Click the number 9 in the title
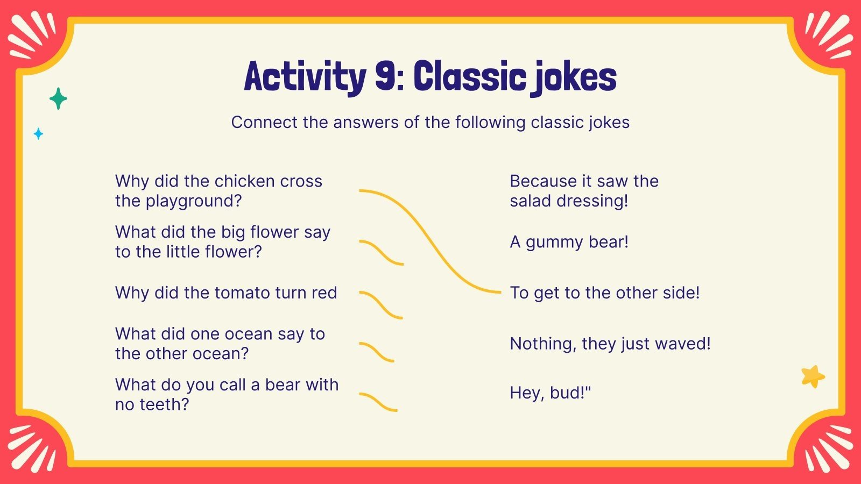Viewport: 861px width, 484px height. [386, 76]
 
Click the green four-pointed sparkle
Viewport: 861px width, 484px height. [58, 99]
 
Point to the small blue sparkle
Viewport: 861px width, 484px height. [38, 133]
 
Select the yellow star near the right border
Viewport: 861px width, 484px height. [813, 376]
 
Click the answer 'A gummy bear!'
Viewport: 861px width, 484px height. [569, 242]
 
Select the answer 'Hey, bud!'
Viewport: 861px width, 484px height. [550, 393]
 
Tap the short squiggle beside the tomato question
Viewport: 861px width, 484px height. [381, 305]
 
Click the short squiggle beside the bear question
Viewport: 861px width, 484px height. [378, 402]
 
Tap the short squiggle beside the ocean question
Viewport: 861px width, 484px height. [377, 352]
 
